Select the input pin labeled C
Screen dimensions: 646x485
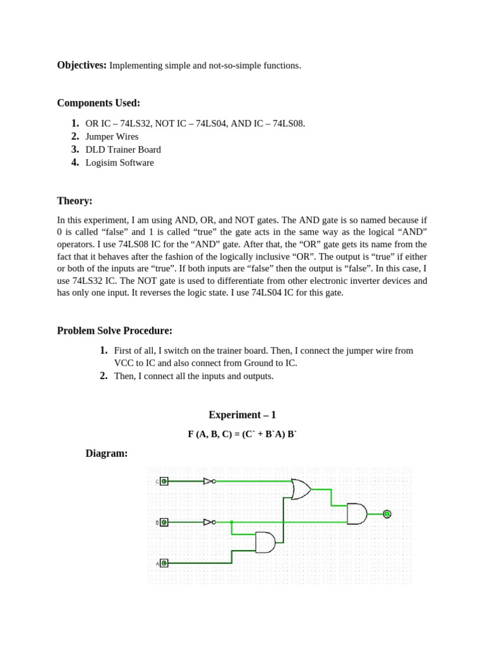pos(164,481)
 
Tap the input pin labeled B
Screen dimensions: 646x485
pos(164,522)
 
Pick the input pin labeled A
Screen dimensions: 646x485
pos(164,563)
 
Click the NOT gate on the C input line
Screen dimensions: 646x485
pos(208,481)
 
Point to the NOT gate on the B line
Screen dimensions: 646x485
pos(208,522)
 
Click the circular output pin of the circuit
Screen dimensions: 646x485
pos(387,514)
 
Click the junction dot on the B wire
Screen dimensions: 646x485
pos(232,522)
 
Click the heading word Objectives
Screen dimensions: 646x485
pos(82,65)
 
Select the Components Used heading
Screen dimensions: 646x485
pos(99,103)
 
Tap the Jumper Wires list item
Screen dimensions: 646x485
pos(112,137)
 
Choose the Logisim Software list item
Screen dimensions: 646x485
pos(119,163)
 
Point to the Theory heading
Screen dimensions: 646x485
pos(75,201)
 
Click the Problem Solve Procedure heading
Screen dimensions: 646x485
pos(114,331)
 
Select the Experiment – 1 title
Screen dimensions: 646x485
pos(242,415)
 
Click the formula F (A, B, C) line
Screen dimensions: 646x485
pos(242,435)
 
